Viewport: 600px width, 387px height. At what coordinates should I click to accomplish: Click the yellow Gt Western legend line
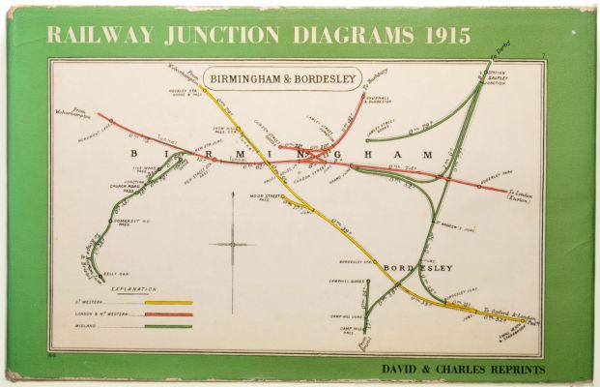click(x=168, y=303)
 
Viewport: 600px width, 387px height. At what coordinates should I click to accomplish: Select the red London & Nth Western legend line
click(x=168, y=314)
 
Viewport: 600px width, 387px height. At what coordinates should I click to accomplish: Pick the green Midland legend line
click(x=168, y=326)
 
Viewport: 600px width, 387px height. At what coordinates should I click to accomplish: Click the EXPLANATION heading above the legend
click(x=134, y=289)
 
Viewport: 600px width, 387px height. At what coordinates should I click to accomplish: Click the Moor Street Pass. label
click(x=264, y=198)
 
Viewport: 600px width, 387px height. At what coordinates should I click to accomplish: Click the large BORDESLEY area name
click(x=418, y=268)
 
